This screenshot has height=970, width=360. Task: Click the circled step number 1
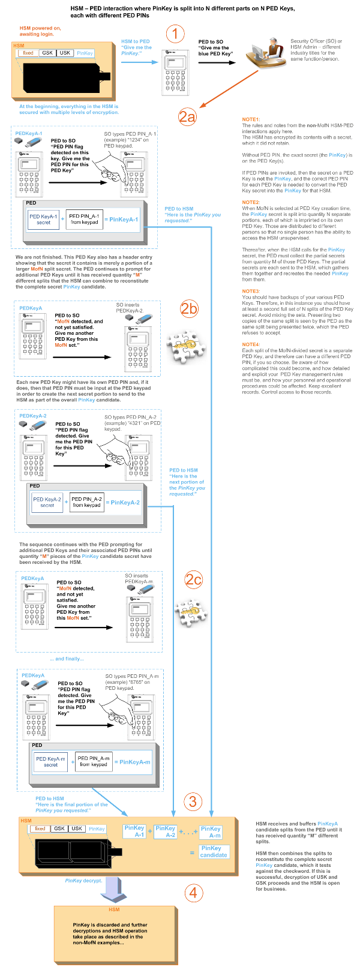coord(175,34)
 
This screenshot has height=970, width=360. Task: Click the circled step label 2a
coord(187,116)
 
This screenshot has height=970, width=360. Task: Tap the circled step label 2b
coord(189,309)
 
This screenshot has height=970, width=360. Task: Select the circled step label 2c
coord(193,579)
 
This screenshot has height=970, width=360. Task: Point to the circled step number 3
coord(192,801)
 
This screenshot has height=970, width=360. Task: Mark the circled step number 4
coord(192,892)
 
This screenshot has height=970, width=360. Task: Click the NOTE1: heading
coord(251,119)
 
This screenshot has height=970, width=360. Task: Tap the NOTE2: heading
coord(251,202)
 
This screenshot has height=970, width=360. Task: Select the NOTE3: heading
coord(251,291)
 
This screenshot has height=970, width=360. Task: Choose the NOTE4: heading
coord(251,344)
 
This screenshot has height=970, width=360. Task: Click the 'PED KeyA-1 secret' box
coord(43,220)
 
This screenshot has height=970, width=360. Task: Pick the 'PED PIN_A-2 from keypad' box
coord(87,502)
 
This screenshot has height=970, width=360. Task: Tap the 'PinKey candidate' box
coord(213,851)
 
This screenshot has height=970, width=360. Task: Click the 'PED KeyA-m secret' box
coord(51,762)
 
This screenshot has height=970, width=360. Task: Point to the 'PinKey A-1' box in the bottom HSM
coord(134,831)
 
